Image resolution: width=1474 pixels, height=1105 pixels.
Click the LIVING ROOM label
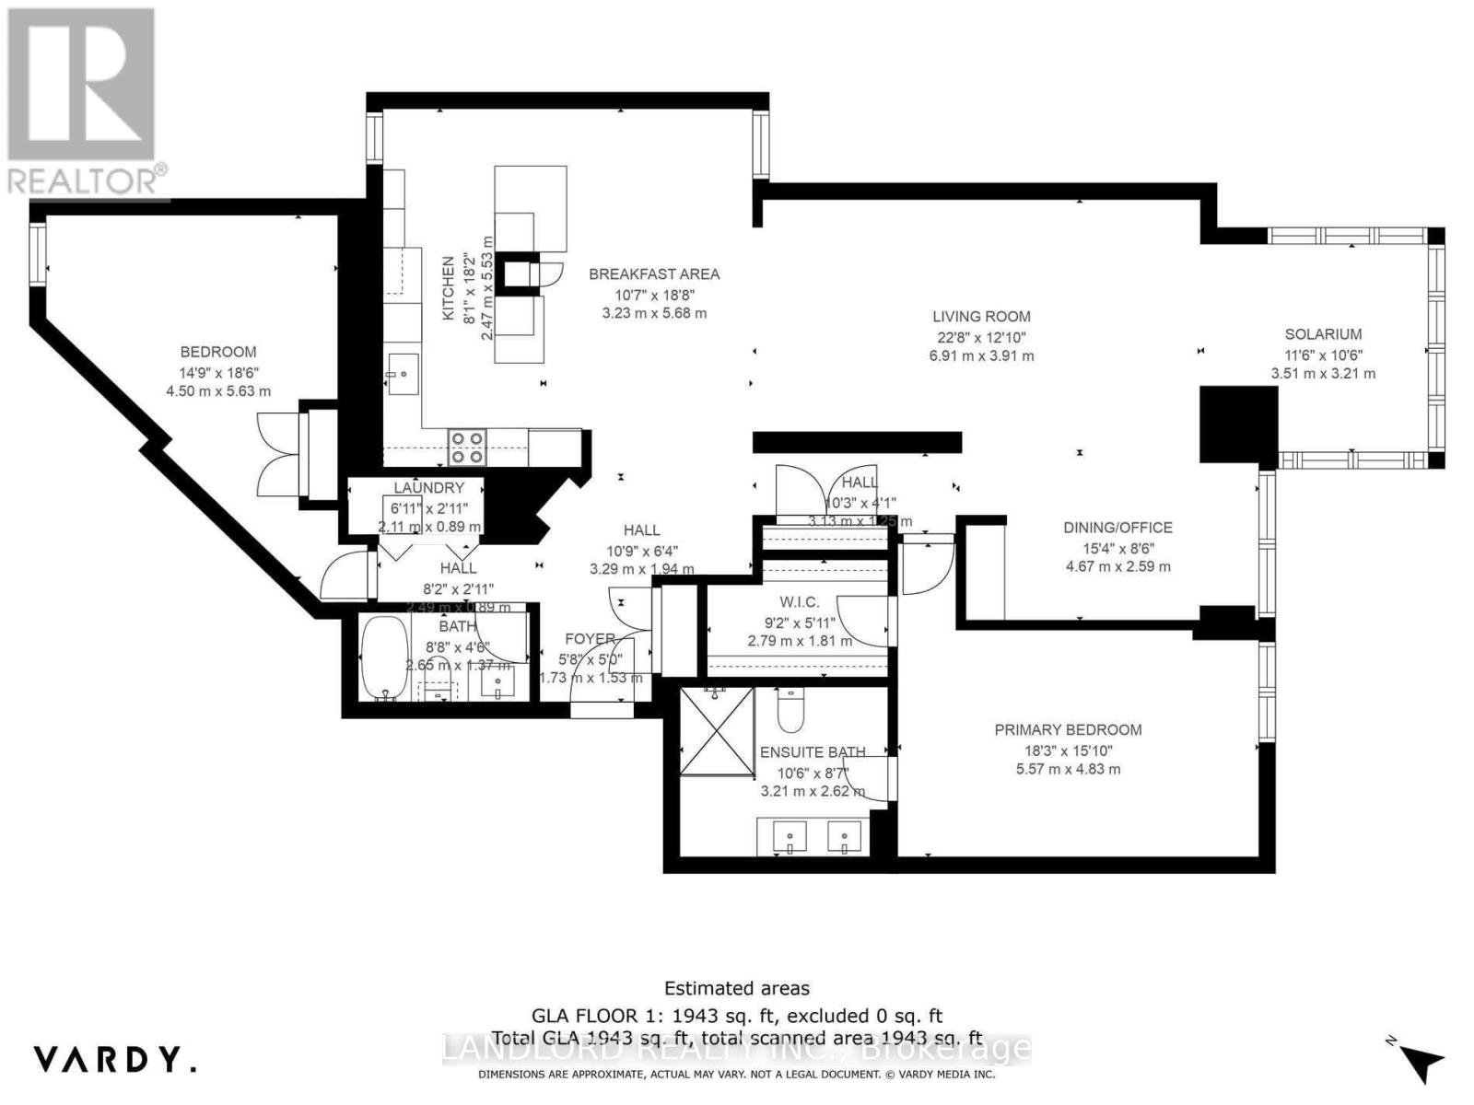[x=981, y=316]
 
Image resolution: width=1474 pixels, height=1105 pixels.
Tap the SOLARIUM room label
[x=1323, y=334]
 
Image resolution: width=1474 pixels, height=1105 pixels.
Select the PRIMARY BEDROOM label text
[x=1068, y=729]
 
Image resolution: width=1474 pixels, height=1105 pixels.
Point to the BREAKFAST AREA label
[x=654, y=273]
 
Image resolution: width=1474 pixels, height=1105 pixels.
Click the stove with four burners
[x=467, y=447]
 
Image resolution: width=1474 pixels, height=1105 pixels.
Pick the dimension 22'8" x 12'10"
[x=981, y=337]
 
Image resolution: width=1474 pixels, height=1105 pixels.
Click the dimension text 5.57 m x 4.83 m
[x=1068, y=769]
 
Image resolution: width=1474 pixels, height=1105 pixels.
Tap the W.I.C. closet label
[x=799, y=601]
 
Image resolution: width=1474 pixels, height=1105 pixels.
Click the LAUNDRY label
[x=428, y=488]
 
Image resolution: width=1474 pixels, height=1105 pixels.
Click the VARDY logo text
[x=115, y=1059]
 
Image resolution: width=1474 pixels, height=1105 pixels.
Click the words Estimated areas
[x=737, y=988]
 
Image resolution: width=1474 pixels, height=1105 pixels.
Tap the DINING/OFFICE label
[x=1117, y=528]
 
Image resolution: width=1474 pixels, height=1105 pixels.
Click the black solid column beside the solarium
[x=1237, y=424]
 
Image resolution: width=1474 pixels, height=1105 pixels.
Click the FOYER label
[x=590, y=639]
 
